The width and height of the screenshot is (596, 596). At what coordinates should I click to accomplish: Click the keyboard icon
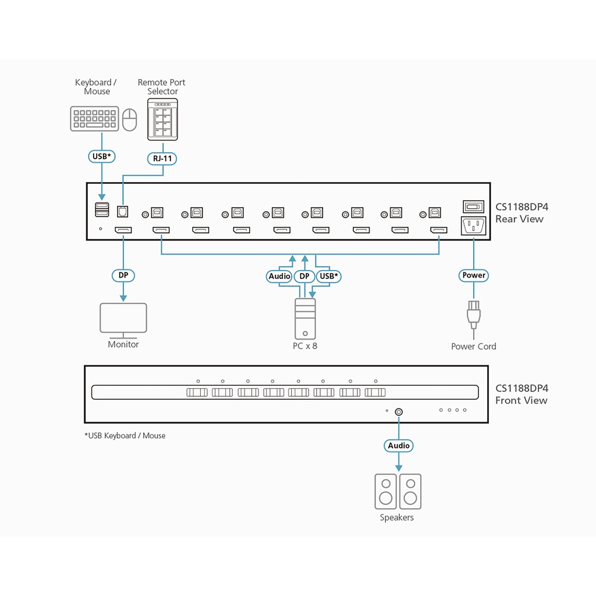(x=95, y=119)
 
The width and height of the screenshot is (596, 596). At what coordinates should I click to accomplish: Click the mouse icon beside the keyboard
(x=130, y=119)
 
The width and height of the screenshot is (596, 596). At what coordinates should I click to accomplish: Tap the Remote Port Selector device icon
(x=162, y=119)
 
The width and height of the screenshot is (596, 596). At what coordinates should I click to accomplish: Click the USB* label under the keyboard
(x=102, y=156)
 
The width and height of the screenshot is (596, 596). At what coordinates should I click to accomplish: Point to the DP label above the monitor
(x=123, y=275)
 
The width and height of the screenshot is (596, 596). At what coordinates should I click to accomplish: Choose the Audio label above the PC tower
(x=279, y=276)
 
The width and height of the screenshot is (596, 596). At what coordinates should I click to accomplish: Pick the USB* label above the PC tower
(x=329, y=276)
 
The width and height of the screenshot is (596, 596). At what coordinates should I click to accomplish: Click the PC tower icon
(x=304, y=318)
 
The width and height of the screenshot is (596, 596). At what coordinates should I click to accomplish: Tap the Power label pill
(x=474, y=275)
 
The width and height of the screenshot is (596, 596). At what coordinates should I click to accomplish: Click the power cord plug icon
(x=473, y=314)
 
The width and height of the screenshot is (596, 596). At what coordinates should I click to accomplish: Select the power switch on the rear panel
(x=473, y=207)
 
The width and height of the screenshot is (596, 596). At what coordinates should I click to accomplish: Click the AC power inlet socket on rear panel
(x=473, y=226)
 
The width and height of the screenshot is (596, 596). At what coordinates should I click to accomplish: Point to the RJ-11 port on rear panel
(x=123, y=210)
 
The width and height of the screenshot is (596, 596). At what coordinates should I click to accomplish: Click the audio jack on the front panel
(x=399, y=411)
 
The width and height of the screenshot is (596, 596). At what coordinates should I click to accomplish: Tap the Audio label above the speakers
(x=399, y=446)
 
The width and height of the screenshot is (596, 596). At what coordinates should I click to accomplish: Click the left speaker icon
(x=385, y=491)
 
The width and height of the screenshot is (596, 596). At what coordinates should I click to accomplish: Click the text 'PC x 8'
(x=305, y=346)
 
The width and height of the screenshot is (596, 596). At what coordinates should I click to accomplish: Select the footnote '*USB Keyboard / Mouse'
(x=125, y=435)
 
